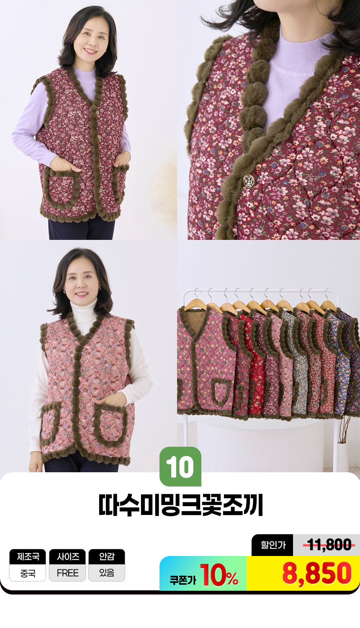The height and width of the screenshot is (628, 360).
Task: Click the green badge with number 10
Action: pyautogui.click(x=180, y=466)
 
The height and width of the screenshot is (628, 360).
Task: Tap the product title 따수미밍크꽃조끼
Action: pyautogui.click(x=180, y=505)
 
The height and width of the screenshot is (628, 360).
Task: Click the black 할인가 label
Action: pyautogui.click(x=273, y=545)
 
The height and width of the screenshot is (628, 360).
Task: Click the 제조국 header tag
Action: pyautogui.click(x=28, y=556)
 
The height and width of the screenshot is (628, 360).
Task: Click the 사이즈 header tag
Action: pyautogui.click(x=67, y=556)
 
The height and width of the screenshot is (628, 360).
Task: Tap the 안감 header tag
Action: pyautogui.click(x=107, y=556)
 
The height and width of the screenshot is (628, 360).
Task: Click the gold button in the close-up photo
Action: pyautogui.click(x=248, y=181)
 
